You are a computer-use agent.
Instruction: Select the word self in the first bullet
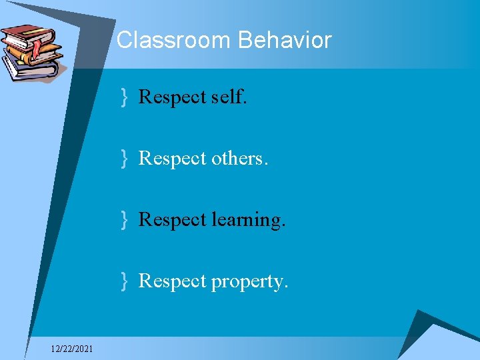click(x=228, y=97)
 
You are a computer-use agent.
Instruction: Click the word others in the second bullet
click(x=239, y=159)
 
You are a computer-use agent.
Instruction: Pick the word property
click(x=251, y=281)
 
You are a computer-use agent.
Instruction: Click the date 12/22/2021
click(x=72, y=349)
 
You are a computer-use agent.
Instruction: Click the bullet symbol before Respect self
click(x=124, y=98)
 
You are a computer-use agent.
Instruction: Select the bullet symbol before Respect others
click(x=124, y=159)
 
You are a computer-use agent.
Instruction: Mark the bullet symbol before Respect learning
click(x=124, y=220)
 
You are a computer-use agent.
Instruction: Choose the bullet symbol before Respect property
click(x=124, y=281)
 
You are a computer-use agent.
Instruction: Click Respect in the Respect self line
click(x=172, y=97)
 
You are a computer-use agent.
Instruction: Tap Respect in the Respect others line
click(x=172, y=159)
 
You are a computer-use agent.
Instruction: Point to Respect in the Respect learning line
click(x=172, y=220)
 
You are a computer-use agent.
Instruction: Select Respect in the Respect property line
click(x=172, y=281)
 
